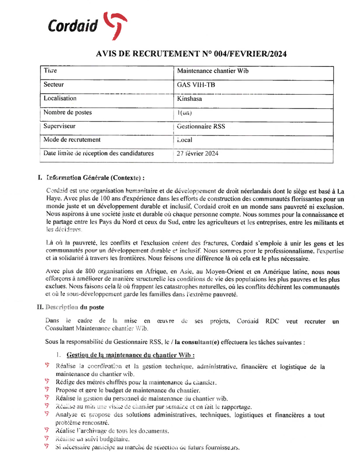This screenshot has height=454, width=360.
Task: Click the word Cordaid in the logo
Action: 72,26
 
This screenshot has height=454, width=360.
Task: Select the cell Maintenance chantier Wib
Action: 213,71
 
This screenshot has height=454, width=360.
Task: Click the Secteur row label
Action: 54,85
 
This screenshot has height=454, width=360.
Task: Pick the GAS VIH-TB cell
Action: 196,85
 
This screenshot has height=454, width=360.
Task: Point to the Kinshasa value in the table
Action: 190,99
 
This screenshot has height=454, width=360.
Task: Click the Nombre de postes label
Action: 67,112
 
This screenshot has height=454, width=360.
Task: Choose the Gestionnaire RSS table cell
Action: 201,126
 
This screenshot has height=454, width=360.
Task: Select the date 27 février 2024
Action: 197,154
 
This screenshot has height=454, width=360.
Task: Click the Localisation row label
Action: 60,98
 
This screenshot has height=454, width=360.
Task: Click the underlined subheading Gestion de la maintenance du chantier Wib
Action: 131,355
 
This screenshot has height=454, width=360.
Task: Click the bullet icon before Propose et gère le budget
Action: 47,390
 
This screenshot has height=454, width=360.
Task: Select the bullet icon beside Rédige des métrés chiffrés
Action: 47,382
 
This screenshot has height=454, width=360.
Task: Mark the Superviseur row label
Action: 60,126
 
